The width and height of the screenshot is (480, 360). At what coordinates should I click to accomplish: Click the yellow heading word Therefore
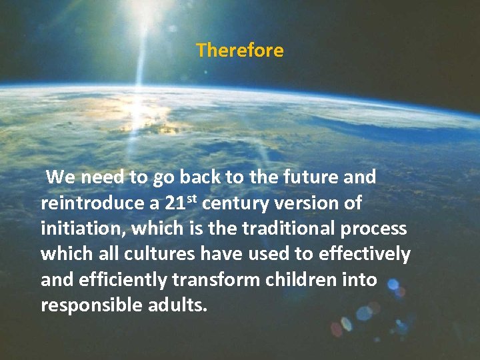coord(240,51)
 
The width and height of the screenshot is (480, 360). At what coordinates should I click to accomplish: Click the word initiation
coord(83,229)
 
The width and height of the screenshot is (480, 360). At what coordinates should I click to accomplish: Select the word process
coord(376,229)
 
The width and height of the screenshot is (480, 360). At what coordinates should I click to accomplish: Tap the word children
coord(313,280)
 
